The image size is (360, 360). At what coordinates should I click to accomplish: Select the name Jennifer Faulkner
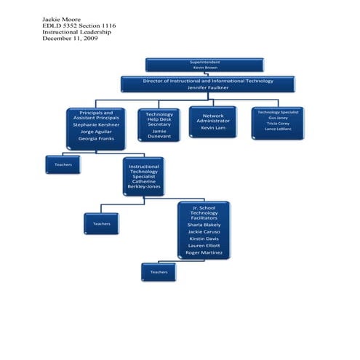coord(208,87)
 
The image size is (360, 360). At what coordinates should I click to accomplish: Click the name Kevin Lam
coord(212,128)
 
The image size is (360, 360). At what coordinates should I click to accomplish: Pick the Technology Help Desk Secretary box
coord(159,124)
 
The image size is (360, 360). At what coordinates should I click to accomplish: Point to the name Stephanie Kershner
coord(96,124)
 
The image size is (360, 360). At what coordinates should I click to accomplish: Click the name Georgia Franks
coord(96,138)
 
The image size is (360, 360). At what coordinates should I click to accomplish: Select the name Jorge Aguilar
coord(96,132)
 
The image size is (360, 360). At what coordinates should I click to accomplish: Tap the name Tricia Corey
coord(278,123)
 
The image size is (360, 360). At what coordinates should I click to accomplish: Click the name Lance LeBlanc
coord(278,129)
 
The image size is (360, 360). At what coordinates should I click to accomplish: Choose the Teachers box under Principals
coord(63,164)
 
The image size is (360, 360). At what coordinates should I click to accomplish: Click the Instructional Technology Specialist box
coord(143,176)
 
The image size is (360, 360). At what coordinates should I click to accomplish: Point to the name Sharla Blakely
coord(204,225)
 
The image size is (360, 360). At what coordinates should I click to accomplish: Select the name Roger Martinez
coord(204,252)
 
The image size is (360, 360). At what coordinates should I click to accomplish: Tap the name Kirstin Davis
coord(204,239)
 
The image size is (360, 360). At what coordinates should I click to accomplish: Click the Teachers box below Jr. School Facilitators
coord(159,272)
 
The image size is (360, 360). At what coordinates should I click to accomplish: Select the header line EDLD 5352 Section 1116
coord(79,25)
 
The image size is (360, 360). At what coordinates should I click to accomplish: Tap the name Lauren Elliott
coord(204,246)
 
